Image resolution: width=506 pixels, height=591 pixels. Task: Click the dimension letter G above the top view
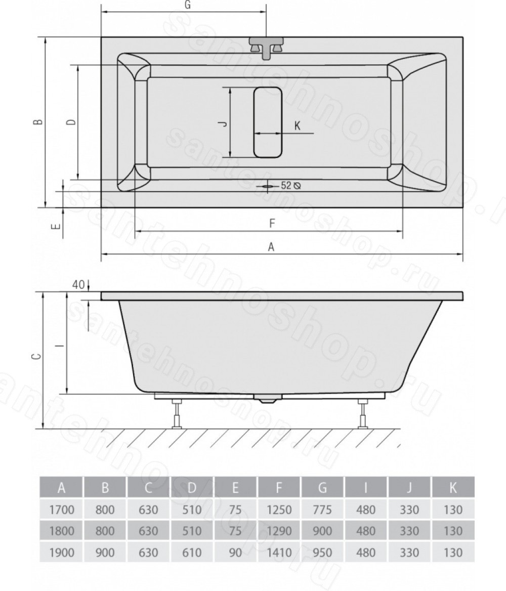188,5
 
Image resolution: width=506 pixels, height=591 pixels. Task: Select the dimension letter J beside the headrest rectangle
224,123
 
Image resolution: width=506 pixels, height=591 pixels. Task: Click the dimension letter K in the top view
297,125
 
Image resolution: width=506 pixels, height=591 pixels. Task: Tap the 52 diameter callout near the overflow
290,185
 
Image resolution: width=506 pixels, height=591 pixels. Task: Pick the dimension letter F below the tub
272,223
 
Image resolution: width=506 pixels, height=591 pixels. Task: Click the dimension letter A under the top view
271,247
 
